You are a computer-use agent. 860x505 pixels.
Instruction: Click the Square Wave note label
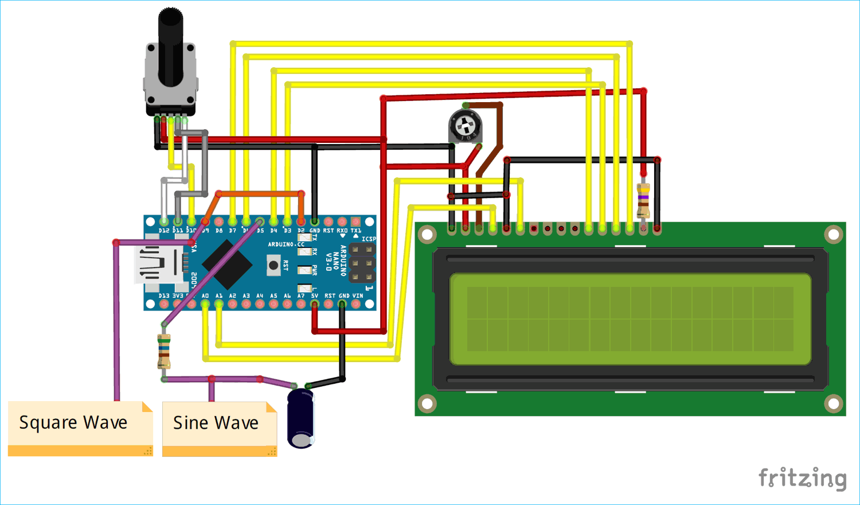(73, 423)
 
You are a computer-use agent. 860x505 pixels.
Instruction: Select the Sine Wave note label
(216, 423)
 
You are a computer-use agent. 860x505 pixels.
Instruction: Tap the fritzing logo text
(802, 477)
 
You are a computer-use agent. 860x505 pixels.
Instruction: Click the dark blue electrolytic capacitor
(301, 418)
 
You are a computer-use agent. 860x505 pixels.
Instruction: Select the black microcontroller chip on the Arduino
(227, 264)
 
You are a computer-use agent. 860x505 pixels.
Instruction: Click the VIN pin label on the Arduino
(357, 296)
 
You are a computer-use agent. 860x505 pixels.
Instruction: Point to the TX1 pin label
(356, 231)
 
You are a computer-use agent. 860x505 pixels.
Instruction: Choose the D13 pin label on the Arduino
(164, 296)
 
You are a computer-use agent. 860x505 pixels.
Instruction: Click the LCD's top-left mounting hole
(427, 234)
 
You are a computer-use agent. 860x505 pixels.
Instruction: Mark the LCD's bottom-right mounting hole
(833, 403)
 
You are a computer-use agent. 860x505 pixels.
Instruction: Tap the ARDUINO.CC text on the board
(286, 244)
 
